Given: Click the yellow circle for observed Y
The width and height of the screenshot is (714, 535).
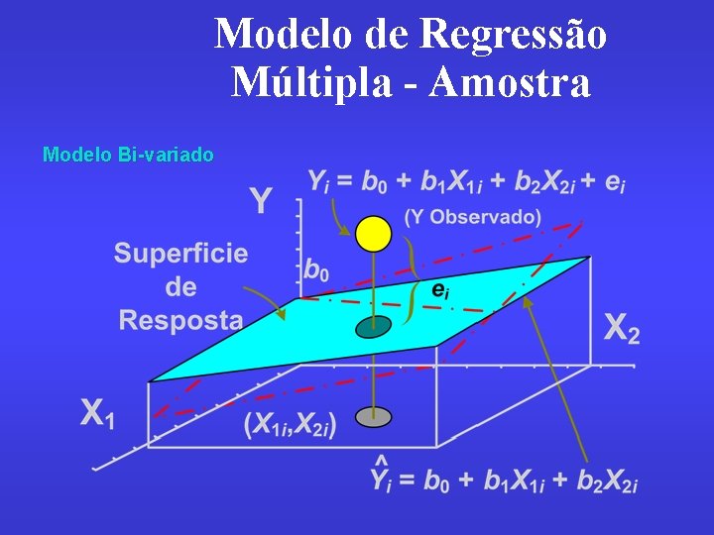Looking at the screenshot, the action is click(x=374, y=234).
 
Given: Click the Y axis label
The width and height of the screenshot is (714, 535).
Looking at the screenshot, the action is click(x=260, y=203).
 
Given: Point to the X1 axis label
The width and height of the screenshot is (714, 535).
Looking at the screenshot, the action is click(x=98, y=414).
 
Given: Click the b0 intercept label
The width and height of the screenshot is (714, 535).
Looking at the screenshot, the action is click(x=316, y=268).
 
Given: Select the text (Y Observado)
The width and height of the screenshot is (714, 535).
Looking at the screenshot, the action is click(x=473, y=217).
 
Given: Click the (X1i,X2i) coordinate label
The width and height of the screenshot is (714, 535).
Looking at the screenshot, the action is click(x=290, y=424).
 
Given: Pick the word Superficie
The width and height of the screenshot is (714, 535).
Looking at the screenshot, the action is click(x=180, y=253).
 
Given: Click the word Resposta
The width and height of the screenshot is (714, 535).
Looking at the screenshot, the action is click(x=180, y=320).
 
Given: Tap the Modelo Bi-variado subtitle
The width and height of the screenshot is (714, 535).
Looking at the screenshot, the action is click(x=128, y=155).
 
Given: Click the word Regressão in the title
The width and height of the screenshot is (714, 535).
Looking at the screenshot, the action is click(x=514, y=35).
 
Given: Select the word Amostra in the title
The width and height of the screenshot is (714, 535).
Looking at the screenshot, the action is click(x=514, y=82).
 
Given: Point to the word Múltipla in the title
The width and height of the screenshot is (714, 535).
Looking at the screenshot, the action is click(x=315, y=82).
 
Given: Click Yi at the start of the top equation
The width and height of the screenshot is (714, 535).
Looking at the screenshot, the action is click(x=318, y=181).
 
